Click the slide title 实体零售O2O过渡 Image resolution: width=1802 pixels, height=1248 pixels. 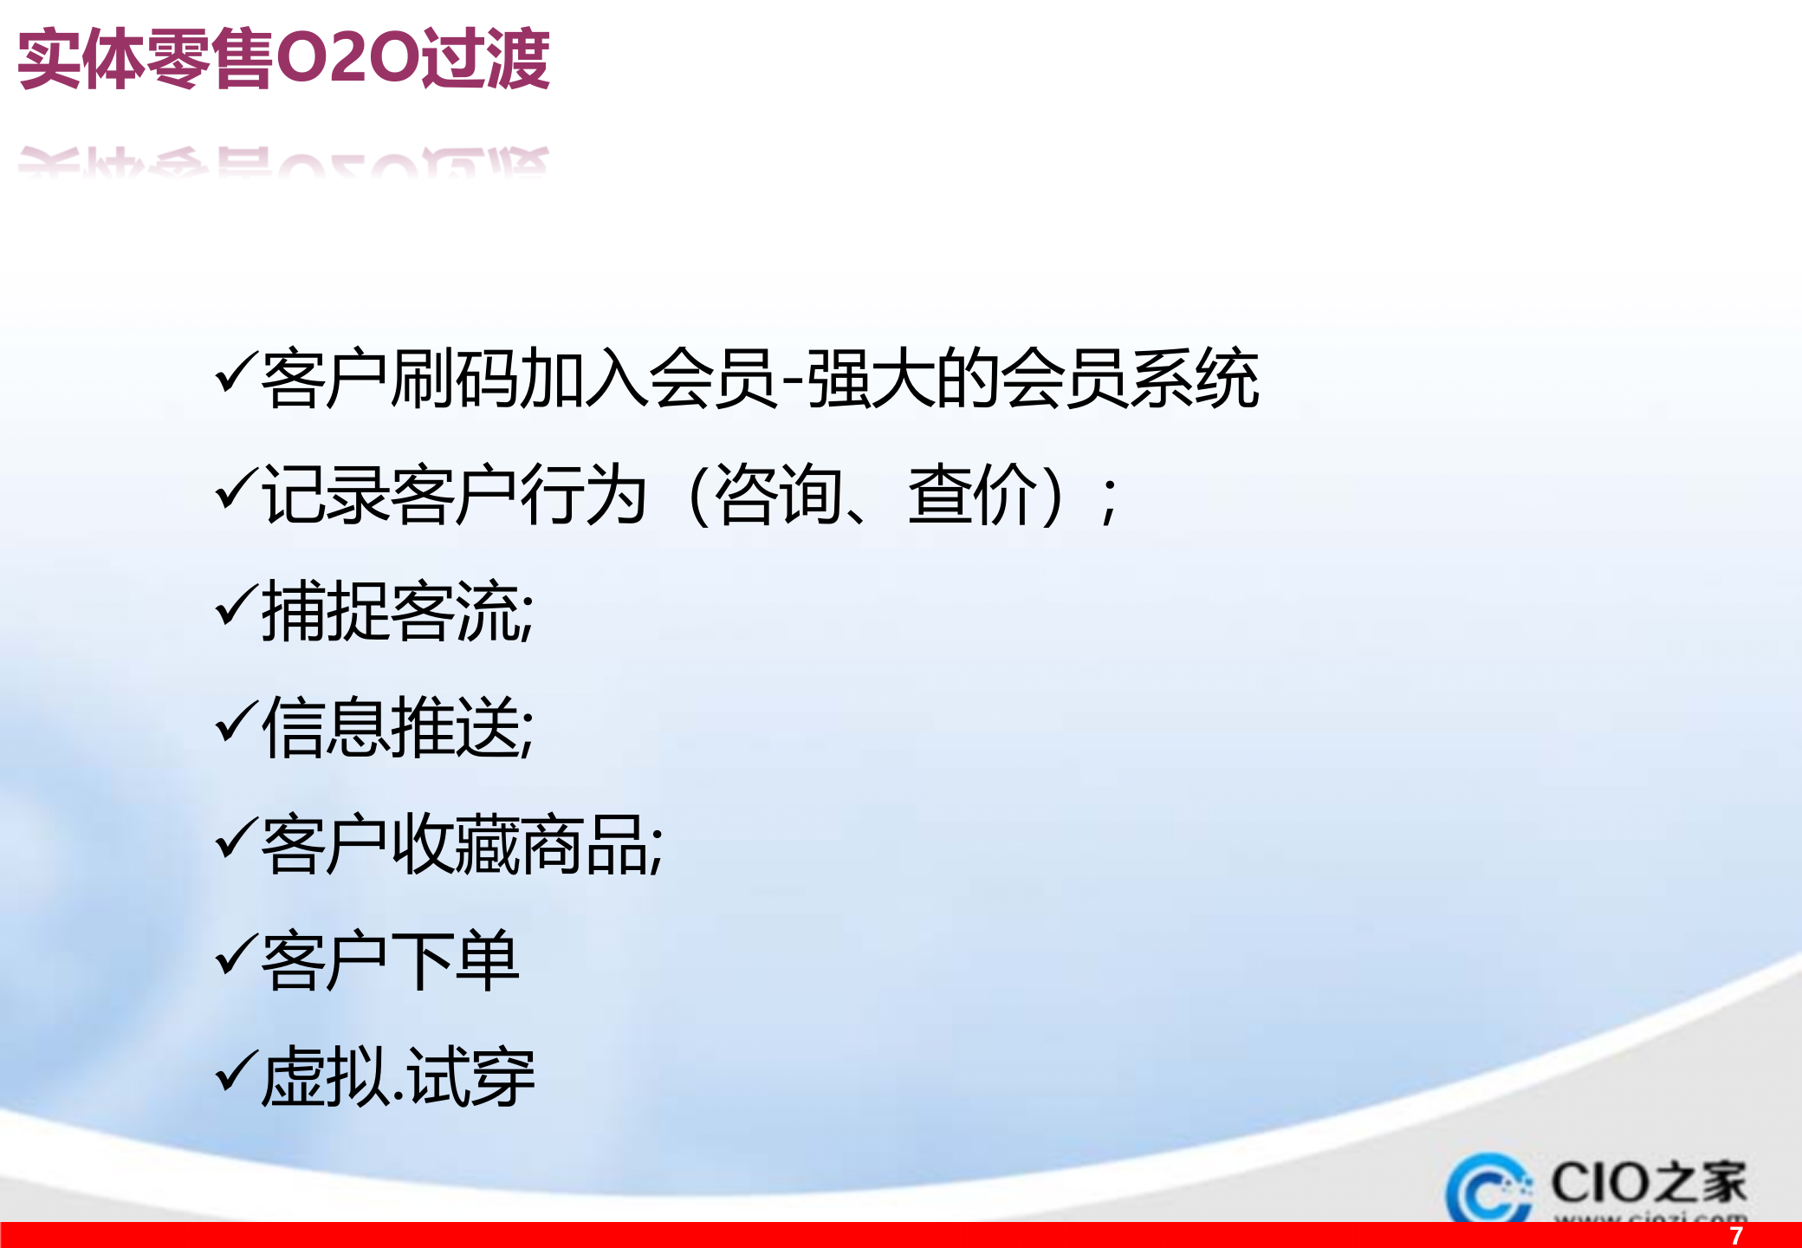283,59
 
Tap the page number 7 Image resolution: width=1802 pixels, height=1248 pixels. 1735,1235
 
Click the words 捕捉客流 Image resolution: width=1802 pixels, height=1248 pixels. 390,611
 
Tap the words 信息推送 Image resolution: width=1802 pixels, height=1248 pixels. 390,728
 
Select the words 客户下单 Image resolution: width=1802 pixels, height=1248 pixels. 390,960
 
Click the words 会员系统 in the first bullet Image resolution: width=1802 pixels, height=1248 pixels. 1130,379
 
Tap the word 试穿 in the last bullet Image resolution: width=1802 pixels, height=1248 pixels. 472,1077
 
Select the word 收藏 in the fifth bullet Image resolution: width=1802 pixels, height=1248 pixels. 456,844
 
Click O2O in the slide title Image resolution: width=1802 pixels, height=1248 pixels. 347,59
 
